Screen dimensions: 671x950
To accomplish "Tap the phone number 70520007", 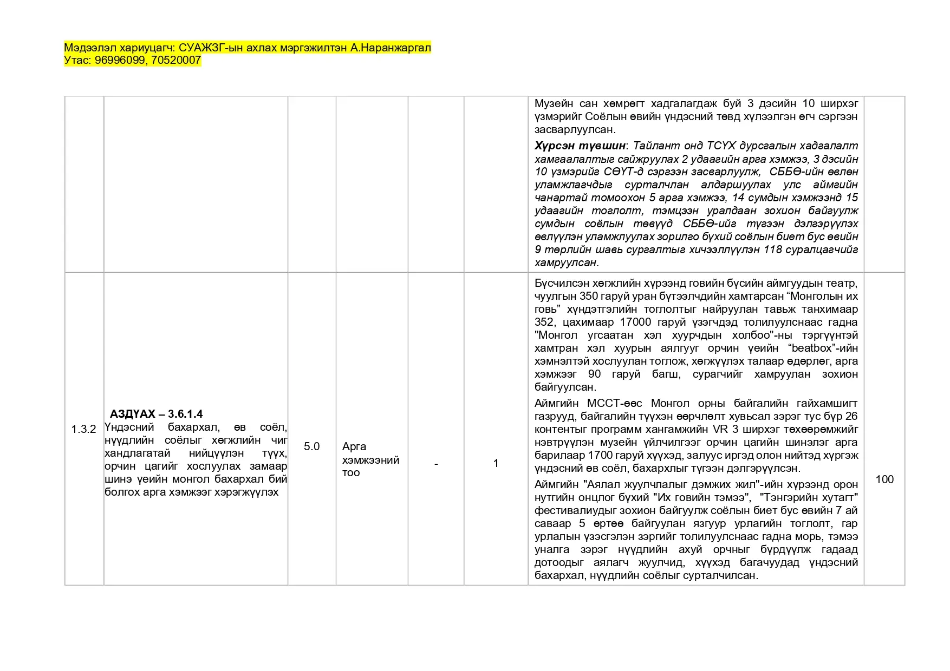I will click(176, 61).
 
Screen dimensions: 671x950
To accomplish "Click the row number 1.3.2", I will click(83, 429).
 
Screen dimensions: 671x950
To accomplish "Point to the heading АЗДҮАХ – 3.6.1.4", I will click(156, 414).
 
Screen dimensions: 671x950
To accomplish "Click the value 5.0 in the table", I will click(311, 446).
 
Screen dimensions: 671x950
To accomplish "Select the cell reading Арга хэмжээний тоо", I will click(370, 459).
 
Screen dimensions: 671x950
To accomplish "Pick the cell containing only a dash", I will click(436, 464).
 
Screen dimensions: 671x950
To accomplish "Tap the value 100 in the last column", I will click(884, 479).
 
